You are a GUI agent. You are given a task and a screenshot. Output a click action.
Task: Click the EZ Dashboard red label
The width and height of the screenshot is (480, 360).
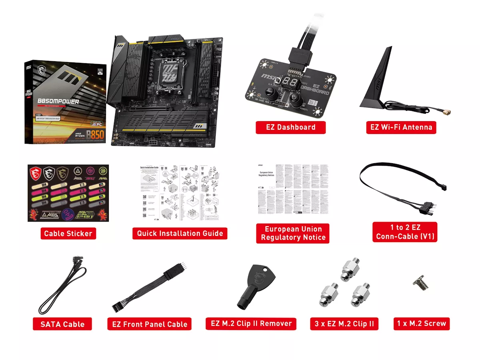291,127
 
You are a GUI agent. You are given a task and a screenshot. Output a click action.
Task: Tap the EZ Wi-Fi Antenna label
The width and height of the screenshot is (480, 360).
400,127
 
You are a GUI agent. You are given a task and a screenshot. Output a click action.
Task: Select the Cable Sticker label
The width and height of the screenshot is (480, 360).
68,233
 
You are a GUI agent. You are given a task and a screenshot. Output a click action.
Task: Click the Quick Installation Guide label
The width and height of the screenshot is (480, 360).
180,233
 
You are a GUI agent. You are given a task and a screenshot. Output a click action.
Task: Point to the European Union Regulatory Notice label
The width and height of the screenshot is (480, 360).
293,233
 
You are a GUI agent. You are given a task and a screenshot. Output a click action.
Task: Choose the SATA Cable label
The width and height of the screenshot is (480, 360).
62,324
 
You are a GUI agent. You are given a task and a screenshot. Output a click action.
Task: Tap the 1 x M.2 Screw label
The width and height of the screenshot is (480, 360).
422,324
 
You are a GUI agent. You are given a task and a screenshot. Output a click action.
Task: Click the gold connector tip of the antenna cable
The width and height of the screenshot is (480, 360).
446,113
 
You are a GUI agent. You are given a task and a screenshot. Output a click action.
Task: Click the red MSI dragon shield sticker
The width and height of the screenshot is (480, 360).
35,173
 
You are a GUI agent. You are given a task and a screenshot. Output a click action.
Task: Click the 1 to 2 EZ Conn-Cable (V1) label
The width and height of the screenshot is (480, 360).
404,232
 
